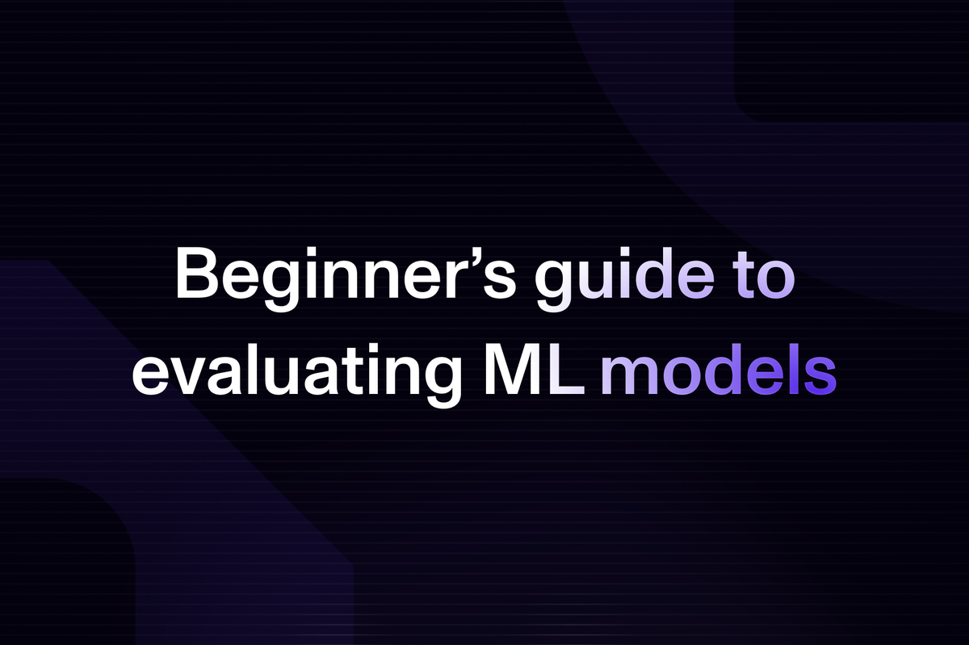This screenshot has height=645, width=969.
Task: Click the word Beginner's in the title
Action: (x=346, y=279)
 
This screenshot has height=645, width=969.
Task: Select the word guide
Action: (x=625, y=279)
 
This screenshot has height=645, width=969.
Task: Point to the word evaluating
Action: (x=297, y=375)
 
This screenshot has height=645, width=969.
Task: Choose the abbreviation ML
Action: (x=535, y=371)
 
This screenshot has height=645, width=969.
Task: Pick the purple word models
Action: (x=719, y=370)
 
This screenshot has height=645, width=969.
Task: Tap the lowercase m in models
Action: (x=630, y=375)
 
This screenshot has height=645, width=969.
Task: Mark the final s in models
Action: (x=820, y=376)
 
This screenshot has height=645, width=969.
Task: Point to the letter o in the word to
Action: (x=777, y=280)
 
